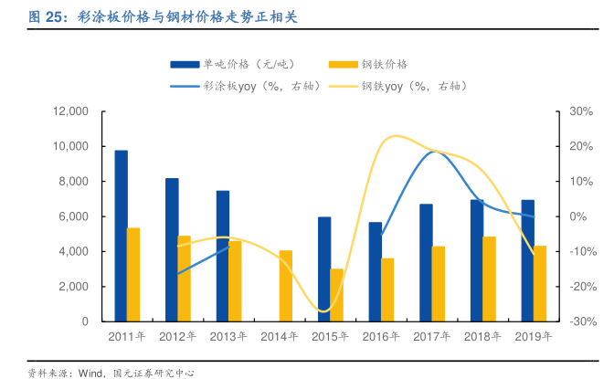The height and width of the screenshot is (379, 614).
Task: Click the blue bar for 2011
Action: [121, 236]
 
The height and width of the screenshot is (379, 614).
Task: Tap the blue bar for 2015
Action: [324, 268]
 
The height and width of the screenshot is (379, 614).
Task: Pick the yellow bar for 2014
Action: [286, 286]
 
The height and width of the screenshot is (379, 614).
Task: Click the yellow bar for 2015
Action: [337, 295]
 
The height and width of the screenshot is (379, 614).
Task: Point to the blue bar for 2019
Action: [527, 260]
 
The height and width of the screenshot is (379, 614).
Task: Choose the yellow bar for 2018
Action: [489, 279]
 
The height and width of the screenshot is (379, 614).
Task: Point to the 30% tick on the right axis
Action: [581, 111]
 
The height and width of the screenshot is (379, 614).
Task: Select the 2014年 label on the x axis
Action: [279, 337]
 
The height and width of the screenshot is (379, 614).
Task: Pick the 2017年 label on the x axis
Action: [431, 337]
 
